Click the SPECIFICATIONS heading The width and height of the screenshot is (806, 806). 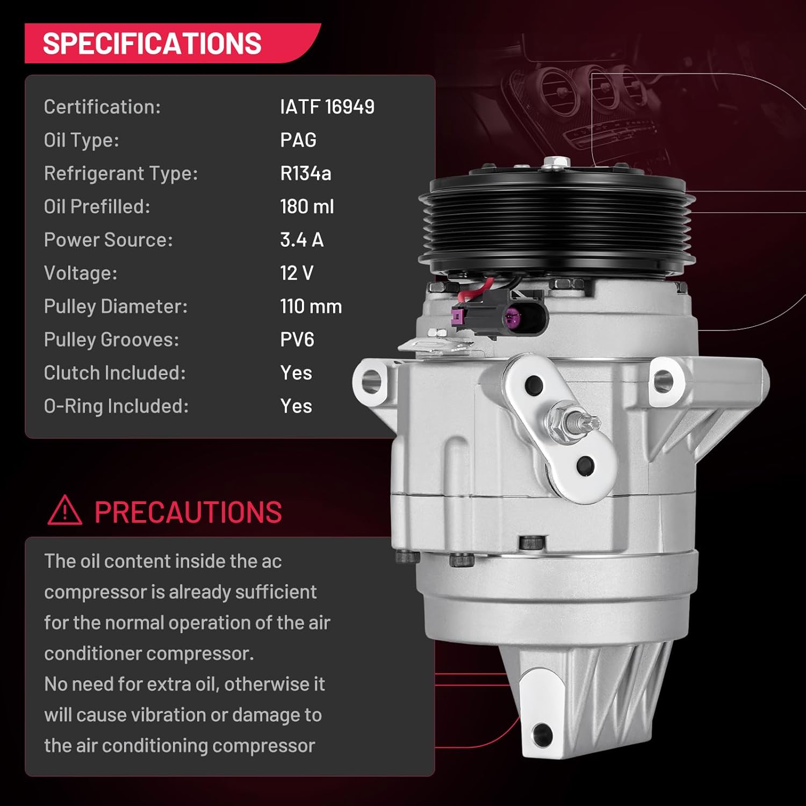click(x=152, y=44)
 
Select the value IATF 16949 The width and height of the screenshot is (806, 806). click(x=327, y=107)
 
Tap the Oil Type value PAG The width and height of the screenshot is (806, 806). click(x=298, y=140)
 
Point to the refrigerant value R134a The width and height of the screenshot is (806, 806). click(x=306, y=174)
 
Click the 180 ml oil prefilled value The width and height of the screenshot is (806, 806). click(x=307, y=207)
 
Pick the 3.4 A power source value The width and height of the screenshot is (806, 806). click(x=302, y=240)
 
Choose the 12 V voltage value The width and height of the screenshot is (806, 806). click(x=297, y=274)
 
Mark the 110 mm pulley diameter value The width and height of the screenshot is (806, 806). click(x=311, y=307)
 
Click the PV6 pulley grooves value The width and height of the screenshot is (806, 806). click(x=297, y=340)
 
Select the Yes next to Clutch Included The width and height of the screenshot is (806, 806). click(x=296, y=373)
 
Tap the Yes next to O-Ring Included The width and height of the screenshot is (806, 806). click(x=296, y=407)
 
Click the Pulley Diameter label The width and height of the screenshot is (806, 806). click(x=116, y=307)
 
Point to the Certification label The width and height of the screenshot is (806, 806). click(x=102, y=107)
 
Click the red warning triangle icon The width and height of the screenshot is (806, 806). click(x=64, y=510)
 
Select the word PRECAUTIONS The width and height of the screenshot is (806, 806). click(x=188, y=512)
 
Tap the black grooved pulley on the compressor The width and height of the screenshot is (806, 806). click(x=557, y=220)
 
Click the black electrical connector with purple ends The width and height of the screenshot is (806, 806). click(x=499, y=315)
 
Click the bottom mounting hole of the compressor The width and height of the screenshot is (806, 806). click(x=542, y=733)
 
